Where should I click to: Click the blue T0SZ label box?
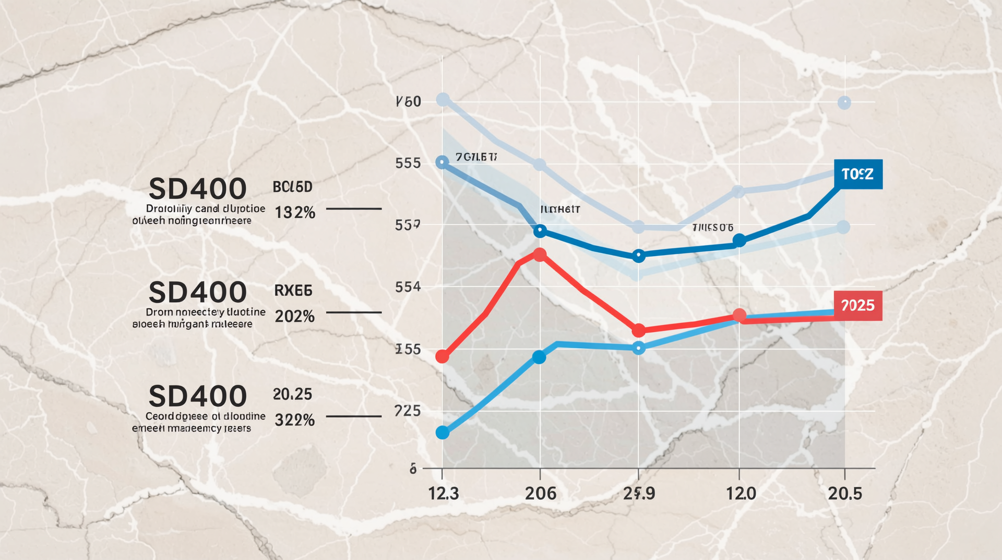point(858,174)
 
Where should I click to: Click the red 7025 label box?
point(858,306)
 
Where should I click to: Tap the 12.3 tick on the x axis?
point(444,493)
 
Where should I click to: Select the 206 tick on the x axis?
point(540,493)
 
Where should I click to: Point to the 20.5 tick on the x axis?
point(845,493)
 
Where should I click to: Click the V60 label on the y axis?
point(409,101)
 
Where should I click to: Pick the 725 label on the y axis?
point(408,411)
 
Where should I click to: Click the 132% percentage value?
point(295,213)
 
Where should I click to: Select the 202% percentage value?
point(295,316)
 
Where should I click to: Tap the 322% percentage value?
point(295,420)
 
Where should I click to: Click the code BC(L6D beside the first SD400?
point(292,186)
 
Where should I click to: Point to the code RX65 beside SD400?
point(293,290)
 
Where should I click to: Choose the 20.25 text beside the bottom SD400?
point(292,394)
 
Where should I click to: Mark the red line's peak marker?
point(540,255)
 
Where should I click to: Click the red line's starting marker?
point(442,357)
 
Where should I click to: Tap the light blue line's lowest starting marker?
point(443,433)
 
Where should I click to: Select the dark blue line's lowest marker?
point(638,256)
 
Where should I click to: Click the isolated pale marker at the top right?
point(844,102)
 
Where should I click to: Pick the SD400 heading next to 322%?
point(197,396)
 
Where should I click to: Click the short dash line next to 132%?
point(353,208)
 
